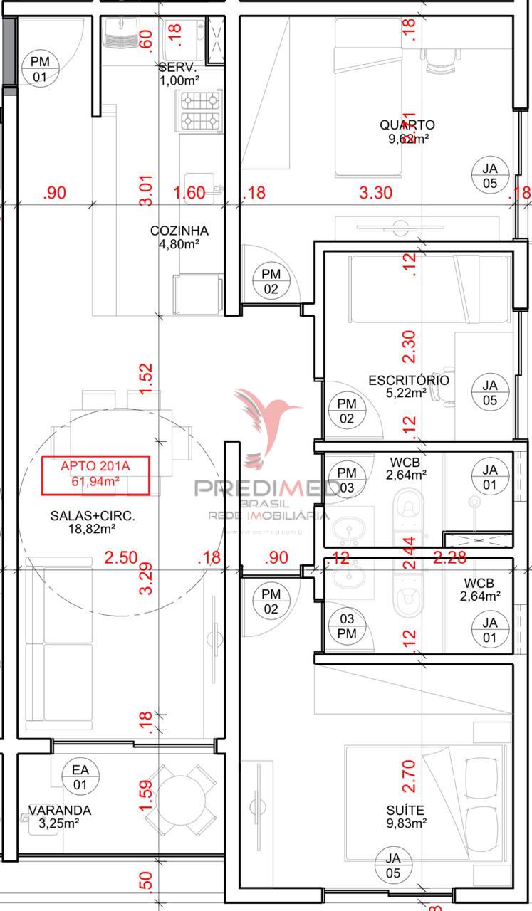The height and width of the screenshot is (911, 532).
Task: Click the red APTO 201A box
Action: point(95,475)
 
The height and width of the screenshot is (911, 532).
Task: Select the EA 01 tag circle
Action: point(80,777)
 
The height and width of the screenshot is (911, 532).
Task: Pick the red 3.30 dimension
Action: point(375,193)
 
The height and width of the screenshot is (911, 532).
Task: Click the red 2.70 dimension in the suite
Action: point(408,775)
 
